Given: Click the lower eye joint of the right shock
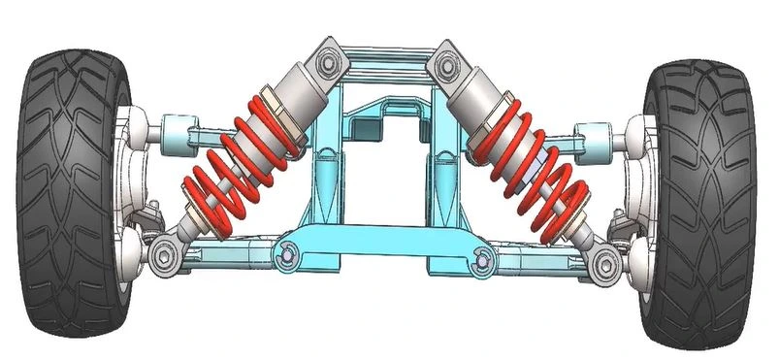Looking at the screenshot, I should point(605,260).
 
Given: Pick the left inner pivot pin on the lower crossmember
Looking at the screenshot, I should point(285,254).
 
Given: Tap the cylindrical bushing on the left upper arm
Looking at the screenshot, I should point(175,128).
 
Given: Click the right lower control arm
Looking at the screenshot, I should point(543,260).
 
